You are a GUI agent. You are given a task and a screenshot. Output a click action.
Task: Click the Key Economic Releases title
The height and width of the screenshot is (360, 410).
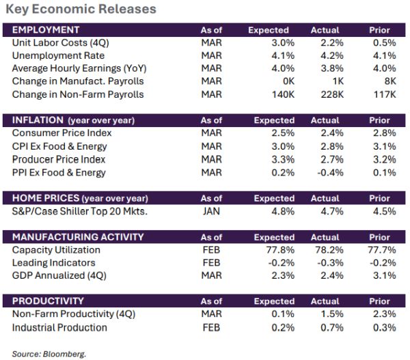pos(81,10)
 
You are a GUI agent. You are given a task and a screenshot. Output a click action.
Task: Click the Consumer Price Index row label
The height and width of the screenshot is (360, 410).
pos(61,133)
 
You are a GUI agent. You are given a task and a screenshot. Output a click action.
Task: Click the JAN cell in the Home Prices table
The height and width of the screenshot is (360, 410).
pos(211,211)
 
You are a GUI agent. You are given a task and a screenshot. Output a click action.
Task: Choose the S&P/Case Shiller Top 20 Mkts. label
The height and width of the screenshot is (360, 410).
pos(80,211)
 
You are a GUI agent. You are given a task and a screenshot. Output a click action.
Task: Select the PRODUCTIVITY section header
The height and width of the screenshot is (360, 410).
pos(49,301)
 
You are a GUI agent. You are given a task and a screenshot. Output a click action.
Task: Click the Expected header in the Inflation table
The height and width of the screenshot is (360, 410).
pos(274,120)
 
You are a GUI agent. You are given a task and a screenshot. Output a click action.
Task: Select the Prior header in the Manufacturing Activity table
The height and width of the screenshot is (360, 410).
pos(379,237)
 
